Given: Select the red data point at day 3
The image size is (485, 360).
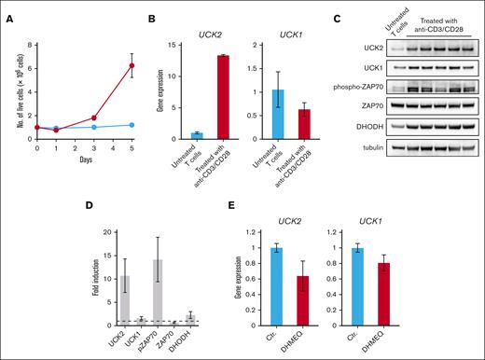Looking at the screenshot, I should click(94, 118).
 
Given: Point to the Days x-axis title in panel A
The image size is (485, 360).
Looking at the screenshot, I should click(84, 160).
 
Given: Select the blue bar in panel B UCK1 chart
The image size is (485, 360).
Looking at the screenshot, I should click(276, 115).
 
